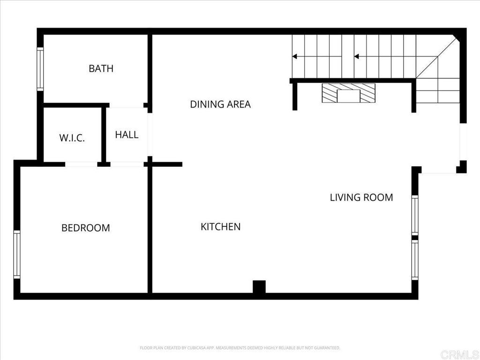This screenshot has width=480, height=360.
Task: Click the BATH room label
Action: coord(101,68)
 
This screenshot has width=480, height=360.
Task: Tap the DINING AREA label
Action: coord(220,104)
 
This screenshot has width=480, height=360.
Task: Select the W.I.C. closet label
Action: coord(72,138)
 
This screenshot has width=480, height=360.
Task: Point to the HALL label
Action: coord(127,135)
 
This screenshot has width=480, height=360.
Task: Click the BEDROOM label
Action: coord(86,228)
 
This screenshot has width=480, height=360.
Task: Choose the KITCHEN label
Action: coord(220,227)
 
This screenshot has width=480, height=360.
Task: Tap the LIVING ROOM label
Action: coord(361,197)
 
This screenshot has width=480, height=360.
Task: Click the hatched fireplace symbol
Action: coord(348,93)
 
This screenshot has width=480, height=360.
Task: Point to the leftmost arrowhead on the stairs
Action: coord(294,56)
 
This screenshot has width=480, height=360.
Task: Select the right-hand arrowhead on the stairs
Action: coord(356,56)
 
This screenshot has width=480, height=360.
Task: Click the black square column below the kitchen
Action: coord(259,286)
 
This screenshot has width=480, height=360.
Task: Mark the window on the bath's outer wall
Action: coord(40,69)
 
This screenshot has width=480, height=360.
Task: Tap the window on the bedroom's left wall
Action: coord(17,255)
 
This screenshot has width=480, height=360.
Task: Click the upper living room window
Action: coord(414,215)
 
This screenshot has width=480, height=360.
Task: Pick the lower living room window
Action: coord(414,261)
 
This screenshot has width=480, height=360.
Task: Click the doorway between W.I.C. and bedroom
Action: coord(81,164)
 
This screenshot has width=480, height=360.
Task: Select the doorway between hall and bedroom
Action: coord(127,164)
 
